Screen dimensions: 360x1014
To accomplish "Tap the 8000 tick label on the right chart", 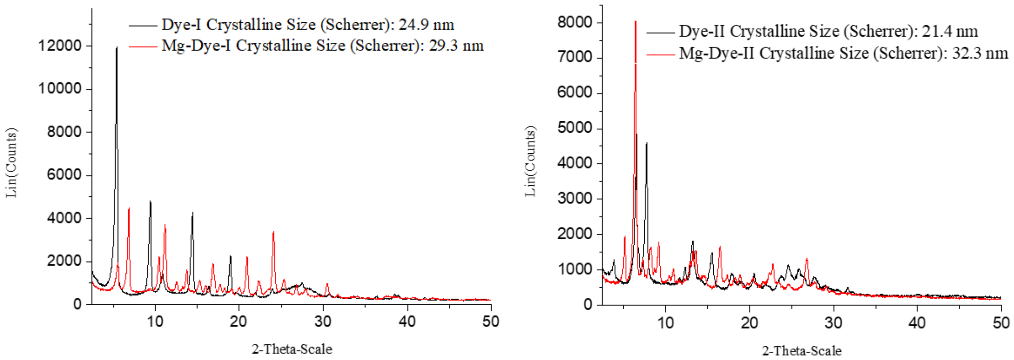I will click(x=574, y=22).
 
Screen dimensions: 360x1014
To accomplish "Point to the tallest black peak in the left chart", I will click(x=117, y=48).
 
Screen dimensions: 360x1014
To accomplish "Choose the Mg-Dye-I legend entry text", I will click(x=322, y=46).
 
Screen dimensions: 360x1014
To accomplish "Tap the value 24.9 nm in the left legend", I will click(x=426, y=25).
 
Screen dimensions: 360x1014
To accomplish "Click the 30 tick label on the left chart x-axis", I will click(x=323, y=322).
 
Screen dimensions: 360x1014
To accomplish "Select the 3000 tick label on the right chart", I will click(x=574, y=198).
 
